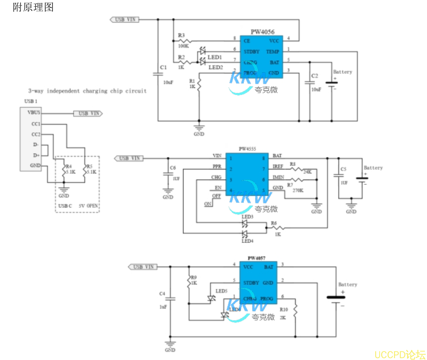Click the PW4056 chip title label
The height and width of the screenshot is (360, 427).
point(262,32)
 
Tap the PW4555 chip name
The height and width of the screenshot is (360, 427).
point(247,149)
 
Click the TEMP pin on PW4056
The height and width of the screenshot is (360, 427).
point(272,51)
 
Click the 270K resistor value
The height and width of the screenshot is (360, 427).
point(298,190)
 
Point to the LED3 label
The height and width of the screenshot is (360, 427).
point(247,217)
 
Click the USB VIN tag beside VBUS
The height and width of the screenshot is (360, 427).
point(88,113)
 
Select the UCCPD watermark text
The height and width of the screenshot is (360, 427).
point(399,354)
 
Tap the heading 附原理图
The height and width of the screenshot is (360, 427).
point(33,7)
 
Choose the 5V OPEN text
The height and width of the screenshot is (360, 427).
point(88,206)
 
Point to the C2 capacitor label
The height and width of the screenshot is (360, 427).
point(315,76)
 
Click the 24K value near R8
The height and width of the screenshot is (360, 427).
point(307,172)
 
